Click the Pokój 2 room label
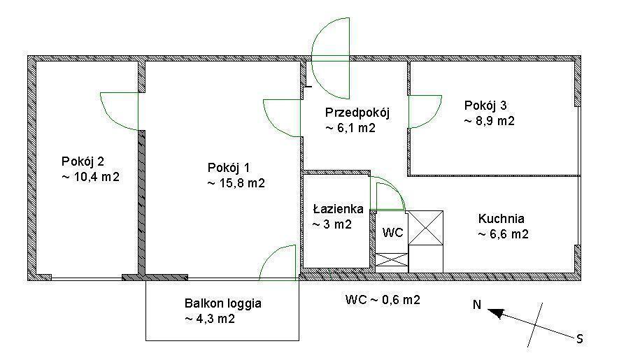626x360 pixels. point(83,161)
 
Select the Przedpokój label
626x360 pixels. point(357,113)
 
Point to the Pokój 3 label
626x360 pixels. point(485,106)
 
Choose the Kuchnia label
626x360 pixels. point(501,218)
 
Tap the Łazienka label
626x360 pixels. point(338,209)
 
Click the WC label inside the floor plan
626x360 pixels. point(392,232)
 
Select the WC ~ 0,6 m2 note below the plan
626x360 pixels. point(383,299)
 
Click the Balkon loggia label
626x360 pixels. point(223,303)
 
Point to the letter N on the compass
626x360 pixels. point(477,305)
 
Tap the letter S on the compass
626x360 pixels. point(580,339)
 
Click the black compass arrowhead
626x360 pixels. point(495,313)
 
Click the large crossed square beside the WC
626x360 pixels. point(425,227)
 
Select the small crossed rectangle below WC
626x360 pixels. point(392,260)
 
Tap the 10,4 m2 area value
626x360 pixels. point(91,177)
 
